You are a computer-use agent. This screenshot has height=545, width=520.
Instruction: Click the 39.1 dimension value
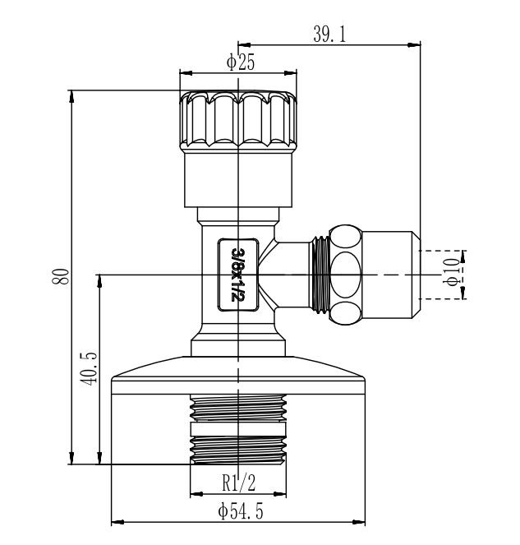pos(329,35)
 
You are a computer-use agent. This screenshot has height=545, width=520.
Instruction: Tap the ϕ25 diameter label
pos(241,62)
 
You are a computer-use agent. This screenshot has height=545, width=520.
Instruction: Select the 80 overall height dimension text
pos(61,277)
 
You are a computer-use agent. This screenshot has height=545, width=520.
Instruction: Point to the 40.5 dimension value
pos(88,368)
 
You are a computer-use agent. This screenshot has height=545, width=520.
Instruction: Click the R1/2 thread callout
pos(238,483)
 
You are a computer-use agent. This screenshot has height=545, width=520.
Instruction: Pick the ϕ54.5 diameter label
pos(241,511)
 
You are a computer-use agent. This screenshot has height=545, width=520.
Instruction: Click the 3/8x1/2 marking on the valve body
pos(238,275)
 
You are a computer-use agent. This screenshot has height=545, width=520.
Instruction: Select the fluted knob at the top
pos(238,121)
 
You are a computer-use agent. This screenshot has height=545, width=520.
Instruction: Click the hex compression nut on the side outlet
pos(346,275)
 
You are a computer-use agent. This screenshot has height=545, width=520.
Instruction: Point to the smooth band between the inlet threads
pos(238,429)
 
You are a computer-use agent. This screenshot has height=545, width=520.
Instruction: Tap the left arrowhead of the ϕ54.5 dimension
pos(117,522)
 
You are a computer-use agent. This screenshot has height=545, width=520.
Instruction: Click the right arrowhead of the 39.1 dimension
pos(414,44)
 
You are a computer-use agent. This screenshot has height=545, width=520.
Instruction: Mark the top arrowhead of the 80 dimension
pos(71,97)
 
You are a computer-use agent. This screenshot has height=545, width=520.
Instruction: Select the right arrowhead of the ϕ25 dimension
pos(290,73)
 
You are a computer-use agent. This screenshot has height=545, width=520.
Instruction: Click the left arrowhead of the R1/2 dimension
pos(196,494)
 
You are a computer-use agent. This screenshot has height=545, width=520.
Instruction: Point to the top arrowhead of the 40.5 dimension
pos(99,281)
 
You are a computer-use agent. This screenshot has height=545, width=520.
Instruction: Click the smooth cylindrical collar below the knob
pos(238,180)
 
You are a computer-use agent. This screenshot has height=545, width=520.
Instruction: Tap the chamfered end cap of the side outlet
pos(392,275)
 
